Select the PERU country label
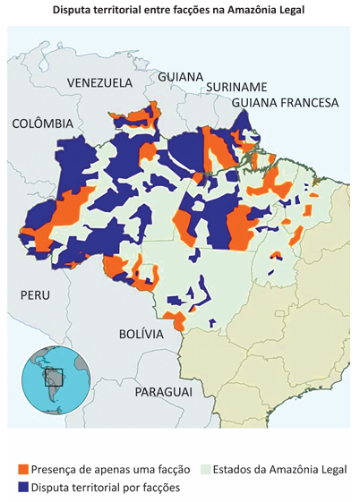click(35, 294)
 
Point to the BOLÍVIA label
click(141, 334)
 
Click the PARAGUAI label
click(164, 392)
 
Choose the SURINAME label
click(236, 87)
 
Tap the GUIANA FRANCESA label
click(285, 103)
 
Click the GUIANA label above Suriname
click(181, 77)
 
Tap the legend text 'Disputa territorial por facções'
click(106, 488)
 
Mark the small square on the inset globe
click(54, 377)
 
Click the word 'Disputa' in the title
click(74, 11)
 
